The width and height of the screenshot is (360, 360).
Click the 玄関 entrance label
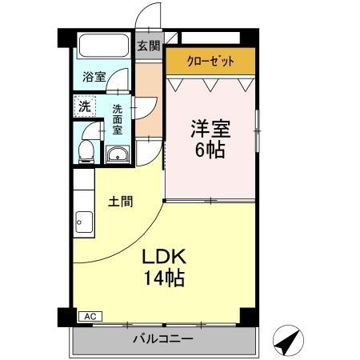pos(147,46)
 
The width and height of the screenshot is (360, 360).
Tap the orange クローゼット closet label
pos(210,61)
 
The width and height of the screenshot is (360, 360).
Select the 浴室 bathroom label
pos(94,78)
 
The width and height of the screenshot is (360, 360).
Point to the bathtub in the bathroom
pos(104,45)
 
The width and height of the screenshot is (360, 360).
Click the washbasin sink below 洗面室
pos(118,154)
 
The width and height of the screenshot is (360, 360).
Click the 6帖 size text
pos(210,150)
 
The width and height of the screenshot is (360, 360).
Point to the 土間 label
pos(121,202)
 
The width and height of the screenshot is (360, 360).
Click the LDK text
pos(164,257)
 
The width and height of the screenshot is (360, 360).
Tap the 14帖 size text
pos(164,279)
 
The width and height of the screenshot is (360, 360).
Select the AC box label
pos(88,317)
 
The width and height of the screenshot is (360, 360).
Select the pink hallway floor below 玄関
pos(147,96)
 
